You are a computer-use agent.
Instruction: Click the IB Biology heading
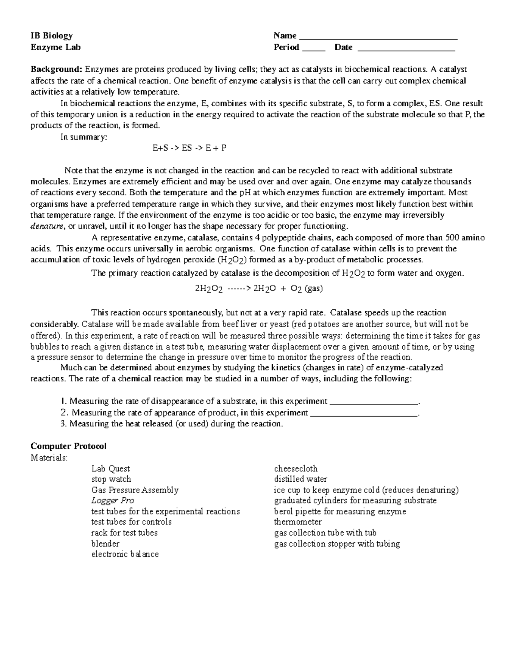[x=51, y=36]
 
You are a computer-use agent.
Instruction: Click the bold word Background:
[x=56, y=70]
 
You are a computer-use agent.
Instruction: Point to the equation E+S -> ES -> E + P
[x=190, y=148]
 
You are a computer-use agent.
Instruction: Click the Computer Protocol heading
[x=69, y=446]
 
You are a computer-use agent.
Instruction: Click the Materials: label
[x=49, y=458]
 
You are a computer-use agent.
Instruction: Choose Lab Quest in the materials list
[x=111, y=469]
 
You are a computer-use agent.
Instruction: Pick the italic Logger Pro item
[x=113, y=501]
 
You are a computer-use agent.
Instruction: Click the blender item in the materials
[x=105, y=544]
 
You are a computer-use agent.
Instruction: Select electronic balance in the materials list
[x=125, y=554]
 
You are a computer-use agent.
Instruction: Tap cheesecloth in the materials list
[x=296, y=469]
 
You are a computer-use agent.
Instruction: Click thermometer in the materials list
[x=298, y=522]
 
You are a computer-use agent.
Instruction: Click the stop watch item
[x=111, y=479]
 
